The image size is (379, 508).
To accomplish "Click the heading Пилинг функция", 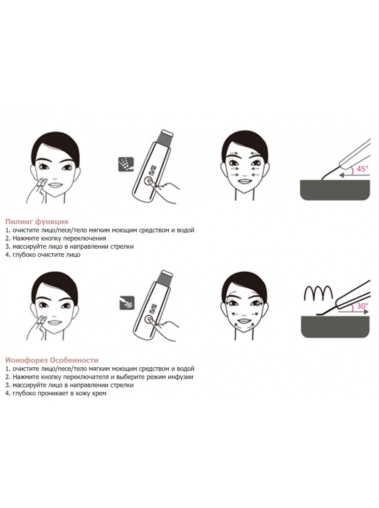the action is coord(37,222).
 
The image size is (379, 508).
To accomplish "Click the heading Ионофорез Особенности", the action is coord(52,361).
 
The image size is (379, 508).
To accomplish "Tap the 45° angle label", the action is coord(362,169).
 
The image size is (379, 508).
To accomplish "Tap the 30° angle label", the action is coord(362,306).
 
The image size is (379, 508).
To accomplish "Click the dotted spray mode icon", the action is coord(126,164).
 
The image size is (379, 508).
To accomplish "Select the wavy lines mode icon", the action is coord(127,303).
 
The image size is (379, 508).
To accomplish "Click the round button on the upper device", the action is coord(148,181).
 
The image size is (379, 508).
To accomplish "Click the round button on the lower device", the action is coord(149,320).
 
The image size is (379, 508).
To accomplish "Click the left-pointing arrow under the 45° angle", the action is coord(354,176).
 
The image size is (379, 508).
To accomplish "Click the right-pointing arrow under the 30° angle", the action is coord(353,312).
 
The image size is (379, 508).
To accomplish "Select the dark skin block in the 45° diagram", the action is coord(335,190).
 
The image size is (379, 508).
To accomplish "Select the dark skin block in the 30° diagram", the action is coord(335,327).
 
